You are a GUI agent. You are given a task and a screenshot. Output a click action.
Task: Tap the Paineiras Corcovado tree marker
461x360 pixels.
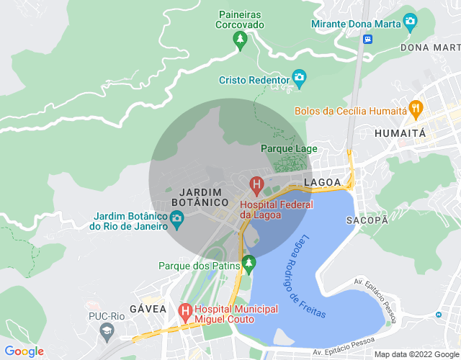pyautogui.click(x=241, y=41)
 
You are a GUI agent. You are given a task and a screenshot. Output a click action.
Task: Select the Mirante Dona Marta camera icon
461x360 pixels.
pyautogui.click(x=411, y=22)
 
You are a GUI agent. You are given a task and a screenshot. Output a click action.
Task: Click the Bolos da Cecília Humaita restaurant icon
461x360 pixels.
pyautogui.click(x=415, y=110)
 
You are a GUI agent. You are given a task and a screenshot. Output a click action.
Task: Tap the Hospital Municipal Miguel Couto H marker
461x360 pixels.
pyautogui.click(x=185, y=311)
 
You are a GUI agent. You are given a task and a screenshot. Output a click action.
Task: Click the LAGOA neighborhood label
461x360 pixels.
pyautogui.click(x=322, y=183)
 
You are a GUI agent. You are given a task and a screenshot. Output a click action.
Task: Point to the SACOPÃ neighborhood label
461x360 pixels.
pyautogui.click(x=367, y=220)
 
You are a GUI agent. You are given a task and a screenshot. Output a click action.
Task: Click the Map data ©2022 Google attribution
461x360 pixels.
pyautogui.click(x=417, y=354)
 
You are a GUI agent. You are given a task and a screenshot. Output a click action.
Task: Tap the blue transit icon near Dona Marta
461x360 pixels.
pyautogui.click(x=368, y=39)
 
